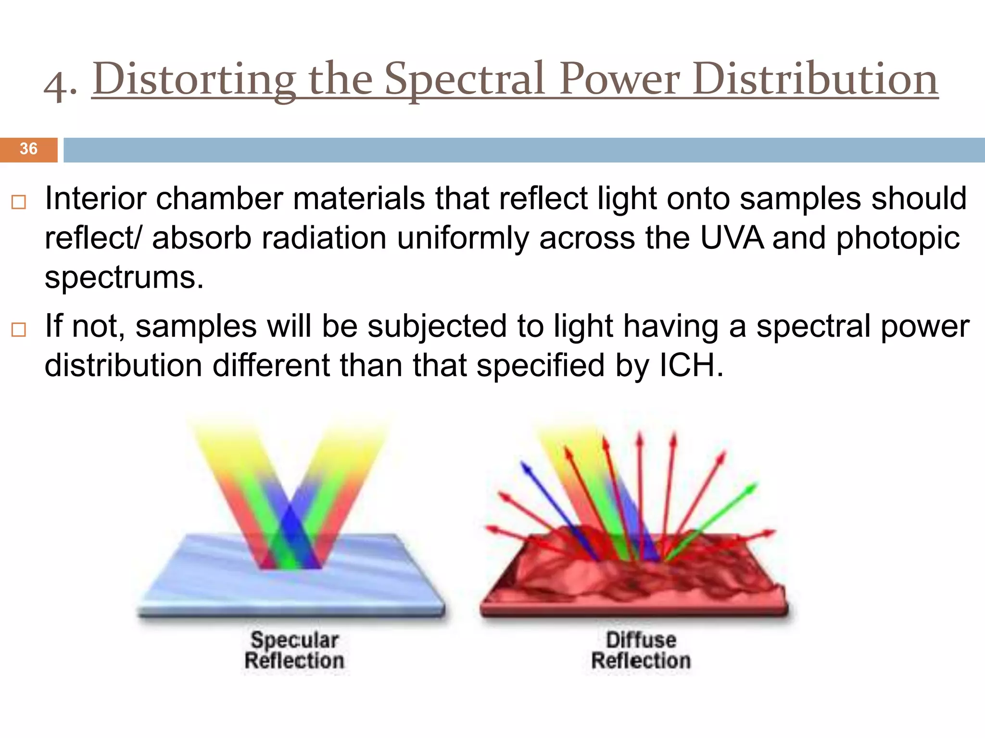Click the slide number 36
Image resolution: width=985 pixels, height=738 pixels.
(28, 149)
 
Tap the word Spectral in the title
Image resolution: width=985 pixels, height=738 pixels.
(465, 79)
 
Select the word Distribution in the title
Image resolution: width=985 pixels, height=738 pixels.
(815, 79)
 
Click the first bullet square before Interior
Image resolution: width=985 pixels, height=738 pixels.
(18, 202)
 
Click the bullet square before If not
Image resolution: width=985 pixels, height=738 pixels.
(18, 330)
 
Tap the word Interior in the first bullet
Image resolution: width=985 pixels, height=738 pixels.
(95, 198)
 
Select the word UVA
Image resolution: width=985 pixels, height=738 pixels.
(732, 238)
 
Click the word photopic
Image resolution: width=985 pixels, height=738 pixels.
(897, 239)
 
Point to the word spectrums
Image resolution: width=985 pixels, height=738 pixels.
(124, 278)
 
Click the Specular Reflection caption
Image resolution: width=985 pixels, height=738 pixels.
(294, 650)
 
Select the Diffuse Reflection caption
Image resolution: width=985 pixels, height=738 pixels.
(641, 650)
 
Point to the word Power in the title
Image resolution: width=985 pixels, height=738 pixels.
(620, 79)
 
